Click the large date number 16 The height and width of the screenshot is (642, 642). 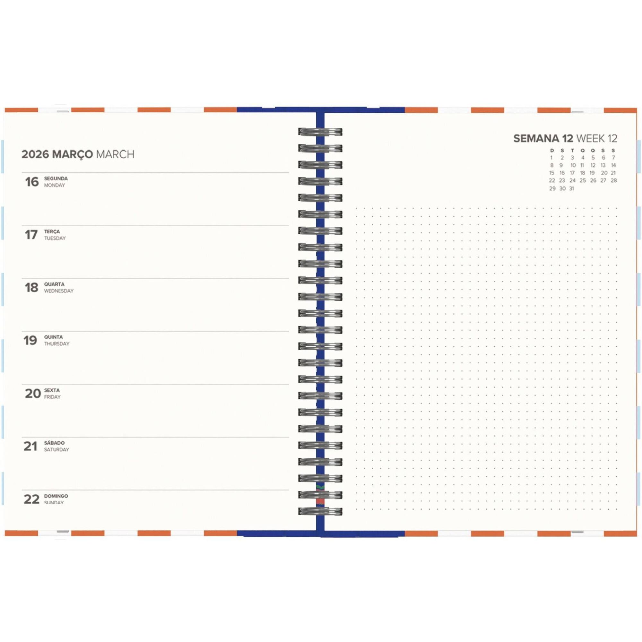coord(32,182)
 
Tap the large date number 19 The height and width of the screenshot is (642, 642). coord(30,340)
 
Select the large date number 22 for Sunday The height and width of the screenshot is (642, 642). coord(31,499)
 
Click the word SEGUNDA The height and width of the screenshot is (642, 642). coord(56,178)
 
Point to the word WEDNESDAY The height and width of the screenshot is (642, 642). coord(59,291)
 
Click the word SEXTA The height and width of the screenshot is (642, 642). coord(52,390)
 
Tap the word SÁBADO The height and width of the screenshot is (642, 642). coord(54,443)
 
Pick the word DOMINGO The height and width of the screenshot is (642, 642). coord(56,496)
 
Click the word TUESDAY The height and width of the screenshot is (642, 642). coord(55,238)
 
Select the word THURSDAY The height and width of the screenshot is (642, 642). coord(57,343)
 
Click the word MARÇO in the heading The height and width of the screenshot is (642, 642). coord(73,154)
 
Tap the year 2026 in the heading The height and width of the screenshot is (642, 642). coord(35,154)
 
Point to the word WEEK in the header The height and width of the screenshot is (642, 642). coord(591,139)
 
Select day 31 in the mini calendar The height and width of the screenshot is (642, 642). coord(572,189)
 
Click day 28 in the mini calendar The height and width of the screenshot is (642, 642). coord(614,180)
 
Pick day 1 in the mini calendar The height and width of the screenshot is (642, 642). coord(551,158)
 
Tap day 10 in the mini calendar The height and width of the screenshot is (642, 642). coord(573,165)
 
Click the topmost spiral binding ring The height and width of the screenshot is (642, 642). coord(320,132)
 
